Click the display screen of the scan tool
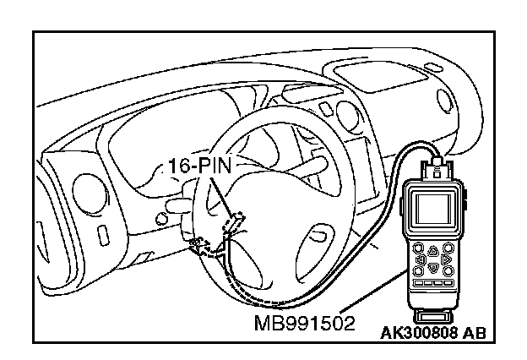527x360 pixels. [432, 208]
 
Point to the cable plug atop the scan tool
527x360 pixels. [437, 166]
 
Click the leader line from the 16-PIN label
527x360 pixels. [220, 195]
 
